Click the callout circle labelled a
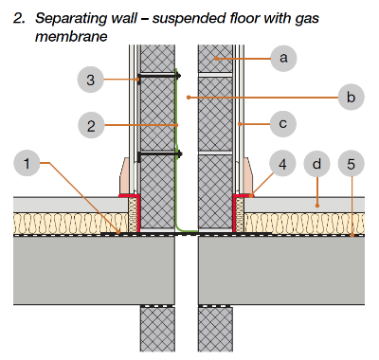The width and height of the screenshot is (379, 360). [x=283, y=58]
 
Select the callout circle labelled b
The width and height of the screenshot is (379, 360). [x=351, y=97]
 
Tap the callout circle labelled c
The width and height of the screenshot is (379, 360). [x=283, y=123]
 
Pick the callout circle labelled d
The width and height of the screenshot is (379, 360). [x=316, y=164]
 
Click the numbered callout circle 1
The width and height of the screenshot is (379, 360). [x=27, y=163]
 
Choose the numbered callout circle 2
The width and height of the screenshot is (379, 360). [x=91, y=126]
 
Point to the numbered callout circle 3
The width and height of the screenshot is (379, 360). [x=91, y=80]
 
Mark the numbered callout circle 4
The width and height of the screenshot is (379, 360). [x=282, y=164]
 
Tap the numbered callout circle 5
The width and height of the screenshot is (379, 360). [x=352, y=164]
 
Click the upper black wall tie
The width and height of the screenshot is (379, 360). [x=159, y=76]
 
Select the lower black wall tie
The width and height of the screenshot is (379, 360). [x=160, y=154]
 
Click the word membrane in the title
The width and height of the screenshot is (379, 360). [x=71, y=37]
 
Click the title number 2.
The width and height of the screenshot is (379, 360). [x=19, y=18]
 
